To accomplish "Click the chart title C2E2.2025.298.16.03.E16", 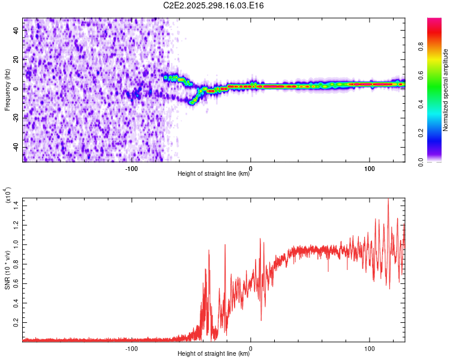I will tap(214, 5).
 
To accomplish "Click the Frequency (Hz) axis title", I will tap(8, 90).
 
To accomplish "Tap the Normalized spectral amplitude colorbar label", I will tap(446, 90).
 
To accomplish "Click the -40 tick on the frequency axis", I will tap(16, 148).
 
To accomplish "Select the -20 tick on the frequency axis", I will tap(16, 118).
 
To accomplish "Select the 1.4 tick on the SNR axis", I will tap(16, 205).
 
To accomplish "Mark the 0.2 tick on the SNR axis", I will tap(16, 322).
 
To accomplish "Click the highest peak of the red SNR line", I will tap(388, 199).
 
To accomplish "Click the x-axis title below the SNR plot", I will tap(214, 355).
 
